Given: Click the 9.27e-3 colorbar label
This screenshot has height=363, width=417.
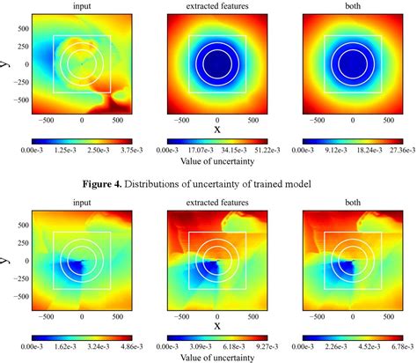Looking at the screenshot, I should pyautogui.click(x=252, y=347).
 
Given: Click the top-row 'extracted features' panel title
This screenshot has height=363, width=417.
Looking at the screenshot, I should pyautogui.click(x=216, y=6).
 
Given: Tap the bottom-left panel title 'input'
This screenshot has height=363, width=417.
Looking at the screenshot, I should pyautogui.click(x=82, y=203).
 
